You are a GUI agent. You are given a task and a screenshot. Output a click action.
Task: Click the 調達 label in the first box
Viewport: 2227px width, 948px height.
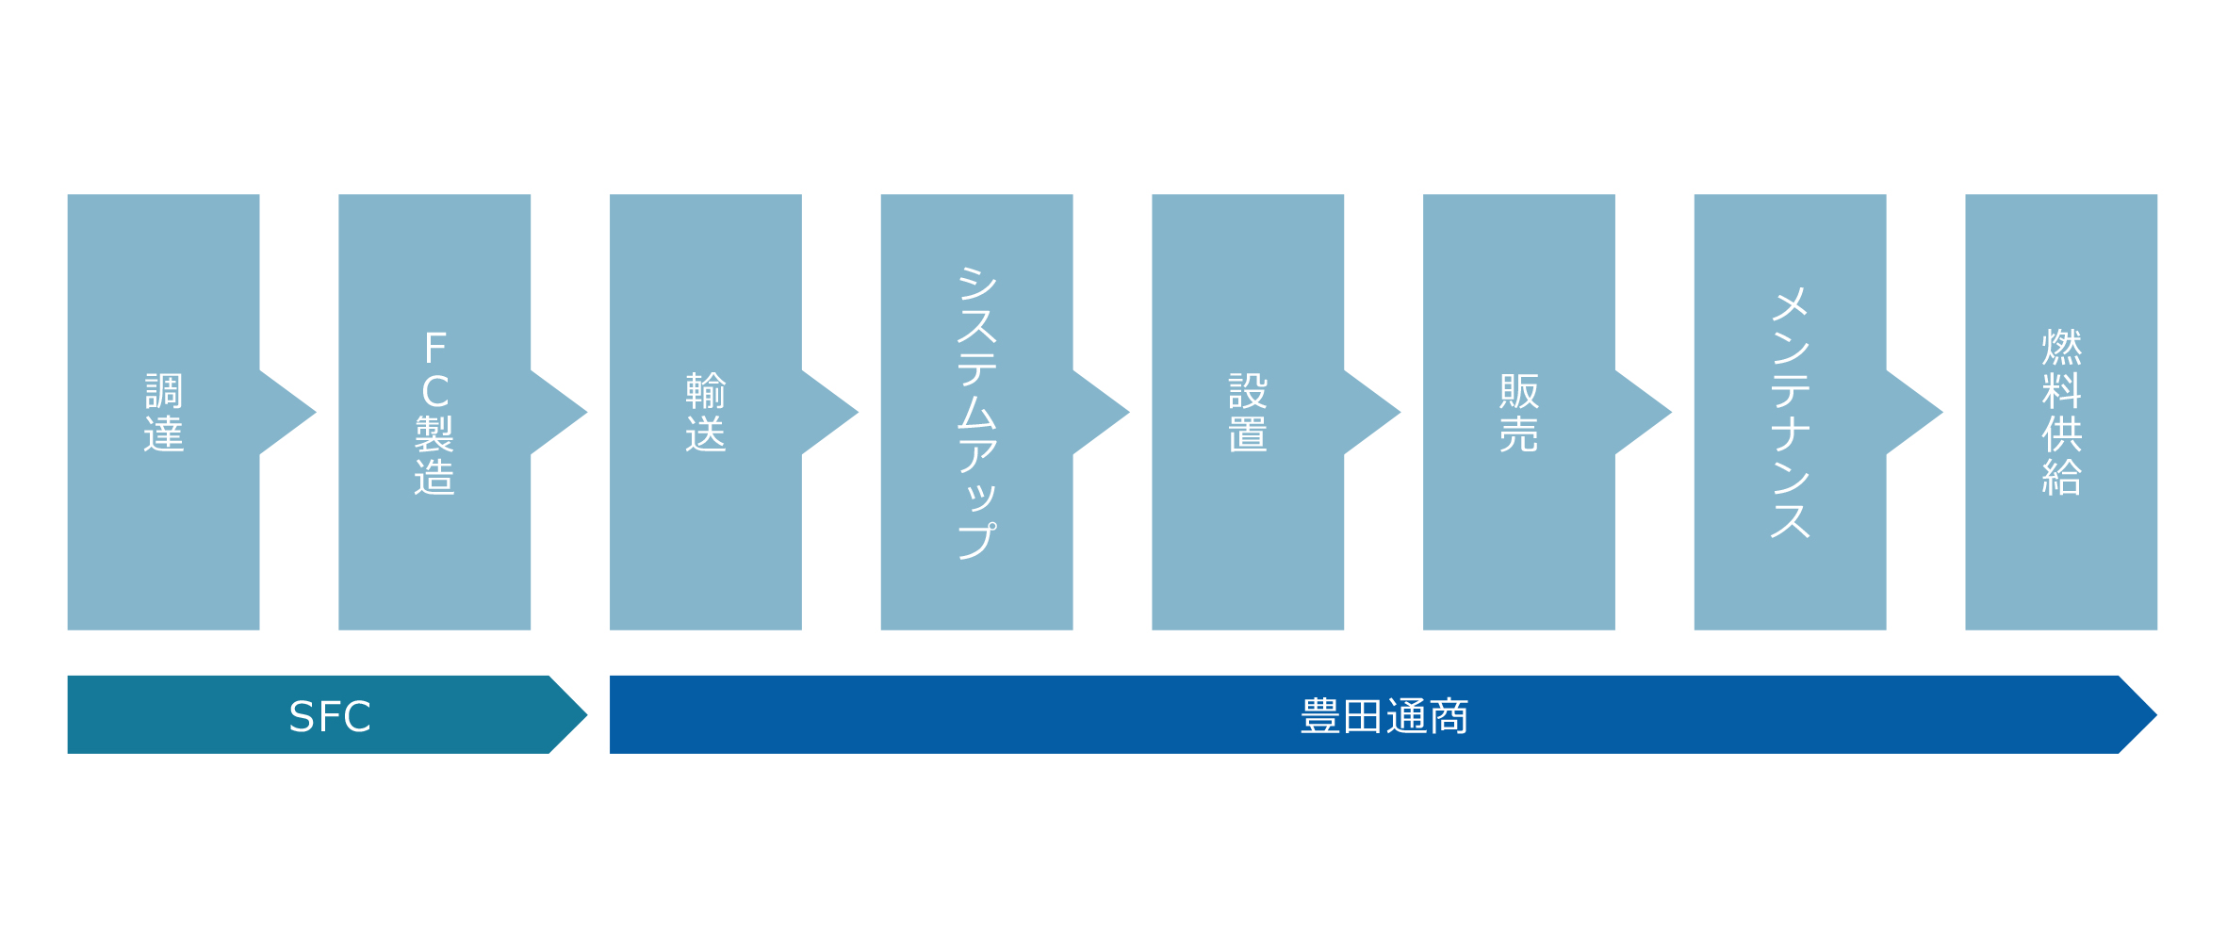(x=163, y=412)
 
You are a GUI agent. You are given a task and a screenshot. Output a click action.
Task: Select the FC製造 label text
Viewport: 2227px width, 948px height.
(x=434, y=412)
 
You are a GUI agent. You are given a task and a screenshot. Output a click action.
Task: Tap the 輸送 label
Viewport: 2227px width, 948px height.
(x=706, y=412)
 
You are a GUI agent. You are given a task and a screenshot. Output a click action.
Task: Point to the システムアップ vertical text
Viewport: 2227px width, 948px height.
(x=977, y=413)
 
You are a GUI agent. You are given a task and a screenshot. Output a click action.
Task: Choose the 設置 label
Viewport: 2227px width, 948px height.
(x=1248, y=412)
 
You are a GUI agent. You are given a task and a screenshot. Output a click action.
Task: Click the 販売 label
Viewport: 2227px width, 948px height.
(x=1519, y=412)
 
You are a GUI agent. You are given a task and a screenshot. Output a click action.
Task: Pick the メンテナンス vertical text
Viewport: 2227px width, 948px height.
(x=1791, y=413)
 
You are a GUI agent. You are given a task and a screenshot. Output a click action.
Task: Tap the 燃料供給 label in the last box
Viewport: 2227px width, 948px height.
(x=2061, y=412)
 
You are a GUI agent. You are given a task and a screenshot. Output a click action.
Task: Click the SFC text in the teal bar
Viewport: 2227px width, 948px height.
(x=330, y=716)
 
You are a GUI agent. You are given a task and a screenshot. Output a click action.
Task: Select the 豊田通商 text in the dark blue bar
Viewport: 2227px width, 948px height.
(x=1384, y=716)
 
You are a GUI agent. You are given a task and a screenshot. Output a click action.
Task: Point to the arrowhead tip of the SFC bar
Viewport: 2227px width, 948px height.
(x=587, y=715)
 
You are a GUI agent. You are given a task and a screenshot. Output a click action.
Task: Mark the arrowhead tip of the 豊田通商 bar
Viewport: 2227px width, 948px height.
(x=2157, y=715)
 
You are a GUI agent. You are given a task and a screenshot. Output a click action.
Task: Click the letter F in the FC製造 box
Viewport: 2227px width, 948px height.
(x=435, y=348)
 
